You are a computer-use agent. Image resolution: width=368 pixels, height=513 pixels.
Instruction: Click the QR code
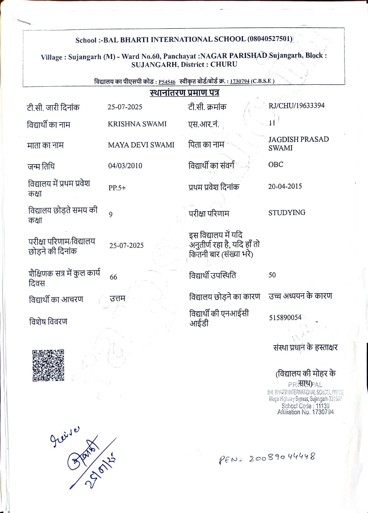tap(48, 365)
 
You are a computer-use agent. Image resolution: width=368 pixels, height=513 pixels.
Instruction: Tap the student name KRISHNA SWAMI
tap(137, 124)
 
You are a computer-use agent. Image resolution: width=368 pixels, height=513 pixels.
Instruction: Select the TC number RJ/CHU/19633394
tap(297, 105)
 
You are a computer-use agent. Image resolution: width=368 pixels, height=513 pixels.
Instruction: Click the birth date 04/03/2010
tap(125, 166)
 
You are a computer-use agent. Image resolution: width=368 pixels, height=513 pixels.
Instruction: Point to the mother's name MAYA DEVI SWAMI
tap(141, 145)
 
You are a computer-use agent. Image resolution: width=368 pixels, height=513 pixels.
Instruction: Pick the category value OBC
tap(276, 164)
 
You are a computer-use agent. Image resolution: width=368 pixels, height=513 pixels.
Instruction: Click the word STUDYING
tap(287, 213)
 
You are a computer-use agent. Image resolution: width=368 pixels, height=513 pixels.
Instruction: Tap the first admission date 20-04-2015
tap(285, 186)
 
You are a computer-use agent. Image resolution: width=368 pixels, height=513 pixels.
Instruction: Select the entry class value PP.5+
tap(117, 188)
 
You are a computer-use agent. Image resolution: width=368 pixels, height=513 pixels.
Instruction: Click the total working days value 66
tap(113, 277)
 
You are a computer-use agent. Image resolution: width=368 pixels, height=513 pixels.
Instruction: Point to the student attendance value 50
tap(272, 275)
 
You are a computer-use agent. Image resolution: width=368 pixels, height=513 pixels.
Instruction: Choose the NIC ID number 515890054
tap(285, 317)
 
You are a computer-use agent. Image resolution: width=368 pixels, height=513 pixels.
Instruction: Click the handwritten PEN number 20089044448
tap(282, 458)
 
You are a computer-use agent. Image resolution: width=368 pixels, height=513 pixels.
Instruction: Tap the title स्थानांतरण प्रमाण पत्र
tap(184, 93)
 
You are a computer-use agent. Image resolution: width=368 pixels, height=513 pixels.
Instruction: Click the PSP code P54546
tap(167, 82)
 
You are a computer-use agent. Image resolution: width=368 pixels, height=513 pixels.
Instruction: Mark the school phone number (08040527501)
tap(270, 39)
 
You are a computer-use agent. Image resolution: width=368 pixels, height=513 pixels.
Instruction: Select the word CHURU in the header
tap(224, 64)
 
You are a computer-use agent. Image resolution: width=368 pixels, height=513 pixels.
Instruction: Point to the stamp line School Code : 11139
tap(305, 406)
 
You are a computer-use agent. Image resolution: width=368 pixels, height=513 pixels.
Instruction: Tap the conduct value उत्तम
tap(117, 299)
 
